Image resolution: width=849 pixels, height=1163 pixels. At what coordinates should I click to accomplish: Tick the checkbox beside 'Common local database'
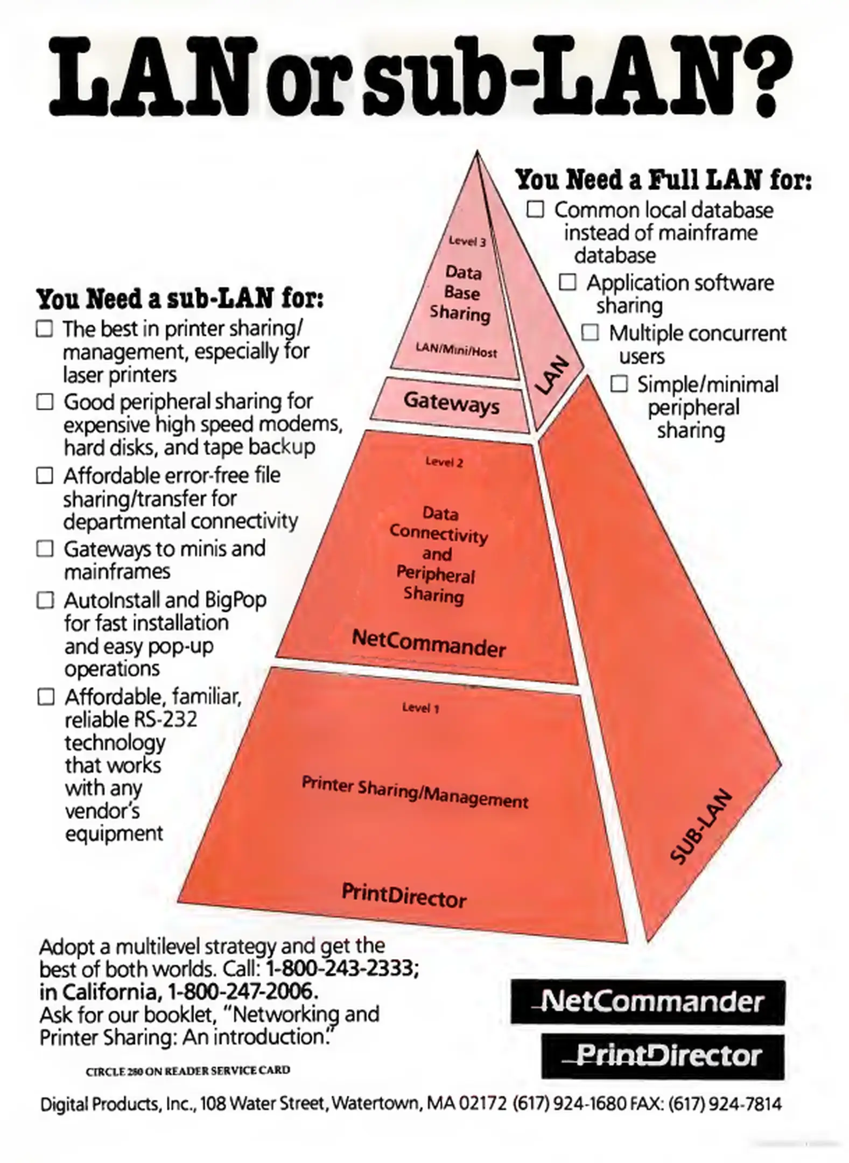(x=535, y=209)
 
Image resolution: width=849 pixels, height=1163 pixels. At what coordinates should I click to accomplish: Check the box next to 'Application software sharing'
(x=567, y=282)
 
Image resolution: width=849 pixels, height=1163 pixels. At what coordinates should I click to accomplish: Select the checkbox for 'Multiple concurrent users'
(x=590, y=333)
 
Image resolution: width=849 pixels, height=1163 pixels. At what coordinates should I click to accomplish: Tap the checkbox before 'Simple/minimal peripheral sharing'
(x=619, y=384)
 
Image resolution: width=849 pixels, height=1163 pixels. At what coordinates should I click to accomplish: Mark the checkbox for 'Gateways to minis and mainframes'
(x=45, y=549)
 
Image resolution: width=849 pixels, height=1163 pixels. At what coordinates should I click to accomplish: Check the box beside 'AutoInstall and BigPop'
(x=45, y=600)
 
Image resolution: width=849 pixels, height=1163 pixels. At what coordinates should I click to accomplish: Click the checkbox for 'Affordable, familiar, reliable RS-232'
(x=46, y=697)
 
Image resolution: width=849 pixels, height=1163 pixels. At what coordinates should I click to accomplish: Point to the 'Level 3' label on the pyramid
(x=467, y=241)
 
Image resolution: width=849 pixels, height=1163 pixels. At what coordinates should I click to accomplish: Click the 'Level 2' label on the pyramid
(x=444, y=462)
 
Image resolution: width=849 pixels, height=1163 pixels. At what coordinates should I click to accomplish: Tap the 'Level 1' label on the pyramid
(x=420, y=707)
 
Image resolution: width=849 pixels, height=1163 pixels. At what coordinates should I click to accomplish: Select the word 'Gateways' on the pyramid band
(x=451, y=402)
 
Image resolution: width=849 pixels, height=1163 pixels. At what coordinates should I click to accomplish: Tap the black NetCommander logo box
(x=648, y=1002)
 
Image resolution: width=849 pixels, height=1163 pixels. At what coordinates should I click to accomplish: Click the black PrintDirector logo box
(x=662, y=1056)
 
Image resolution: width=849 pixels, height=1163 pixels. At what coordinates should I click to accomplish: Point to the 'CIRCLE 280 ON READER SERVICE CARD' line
(x=188, y=1070)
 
